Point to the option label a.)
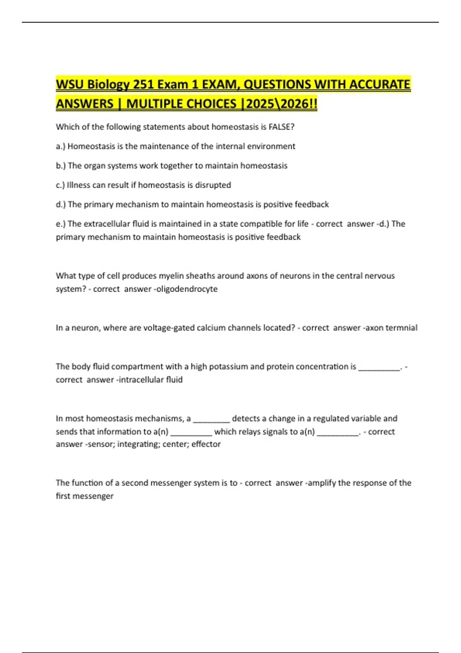point(61,146)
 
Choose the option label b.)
point(61,166)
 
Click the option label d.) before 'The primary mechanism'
point(61,204)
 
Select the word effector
point(206,444)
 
